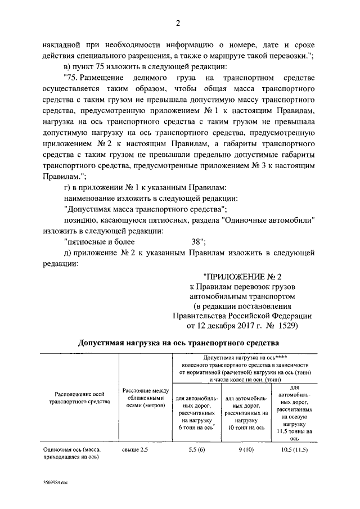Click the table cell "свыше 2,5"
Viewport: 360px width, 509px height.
click(x=136, y=449)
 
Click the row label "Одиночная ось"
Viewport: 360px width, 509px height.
click(x=63, y=449)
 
